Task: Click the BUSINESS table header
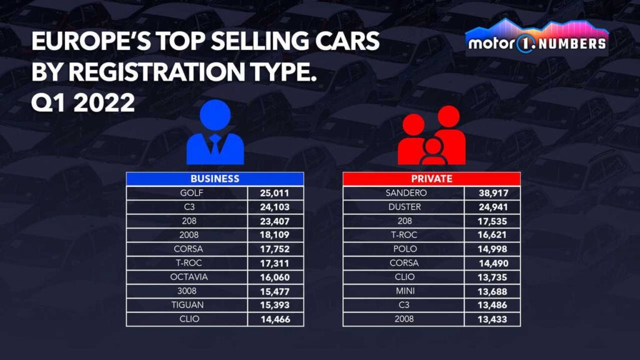[215, 179]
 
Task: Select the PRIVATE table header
[431, 179]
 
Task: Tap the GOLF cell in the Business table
[187, 192]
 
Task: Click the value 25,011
[276, 192]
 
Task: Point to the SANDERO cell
[404, 192]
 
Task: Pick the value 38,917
[492, 192]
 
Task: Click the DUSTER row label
[404, 207]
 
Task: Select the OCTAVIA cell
[187, 277]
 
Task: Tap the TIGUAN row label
[187, 305]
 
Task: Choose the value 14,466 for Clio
[276, 319]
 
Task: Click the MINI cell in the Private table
[404, 291]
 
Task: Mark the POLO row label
[404, 249]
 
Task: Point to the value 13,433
[492, 319]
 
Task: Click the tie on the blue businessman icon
[215, 145]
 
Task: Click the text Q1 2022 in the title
[83, 102]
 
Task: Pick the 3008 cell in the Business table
[187, 291]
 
